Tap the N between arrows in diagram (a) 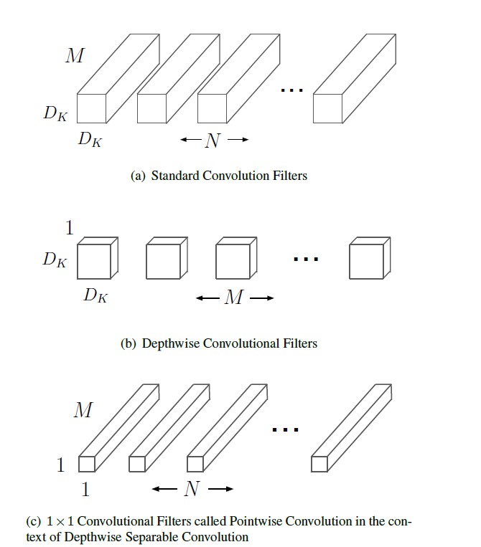pos(213,141)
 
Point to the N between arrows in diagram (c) pos(192,490)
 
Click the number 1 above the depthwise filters pos(70,229)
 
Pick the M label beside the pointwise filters pos(83,411)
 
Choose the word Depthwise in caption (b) pos(172,343)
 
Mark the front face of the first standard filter pos(91,108)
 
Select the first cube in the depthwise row pos(94,261)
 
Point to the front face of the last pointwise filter pos(319,465)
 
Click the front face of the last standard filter pos(328,108)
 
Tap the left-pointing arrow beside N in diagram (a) pos(189,141)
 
